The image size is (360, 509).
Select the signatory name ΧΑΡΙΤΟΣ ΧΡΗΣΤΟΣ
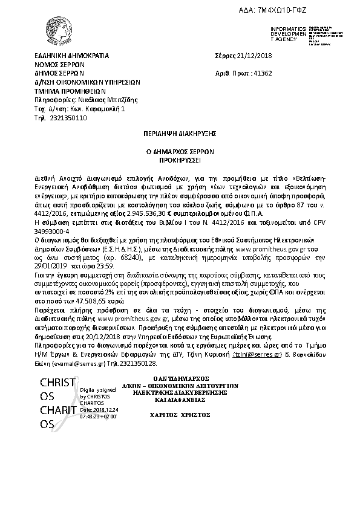pos(188,415)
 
